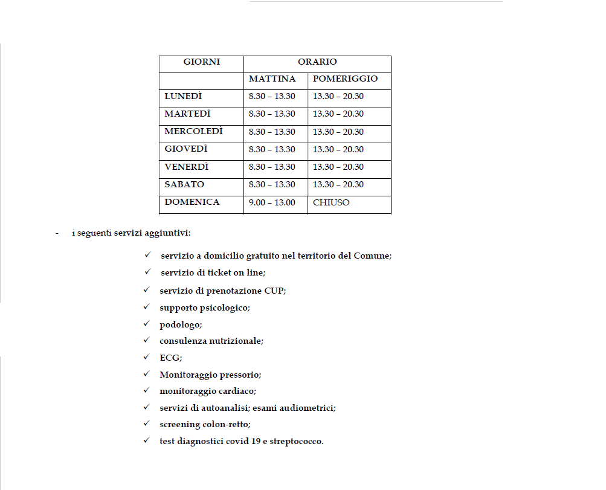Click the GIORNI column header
(x=202, y=62)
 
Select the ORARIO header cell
(x=317, y=62)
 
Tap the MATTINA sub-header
(x=272, y=79)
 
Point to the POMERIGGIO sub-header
(x=345, y=79)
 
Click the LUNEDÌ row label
(x=183, y=97)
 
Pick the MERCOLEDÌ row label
(x=193, y=132)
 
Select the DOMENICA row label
(x=192, y=202)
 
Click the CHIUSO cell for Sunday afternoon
(x=331, y=203)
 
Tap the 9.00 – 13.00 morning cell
(x=272, y=203)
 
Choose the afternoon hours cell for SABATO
(x=338, y=185)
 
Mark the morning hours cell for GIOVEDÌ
(x=272, y=150)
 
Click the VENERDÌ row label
(x=187, y=167)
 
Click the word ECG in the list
(x=170, y=358)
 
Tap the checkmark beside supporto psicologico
(x=146, y=307)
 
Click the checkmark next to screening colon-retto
(x=146, y=424)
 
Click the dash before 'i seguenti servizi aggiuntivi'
(x=56, y=233)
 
